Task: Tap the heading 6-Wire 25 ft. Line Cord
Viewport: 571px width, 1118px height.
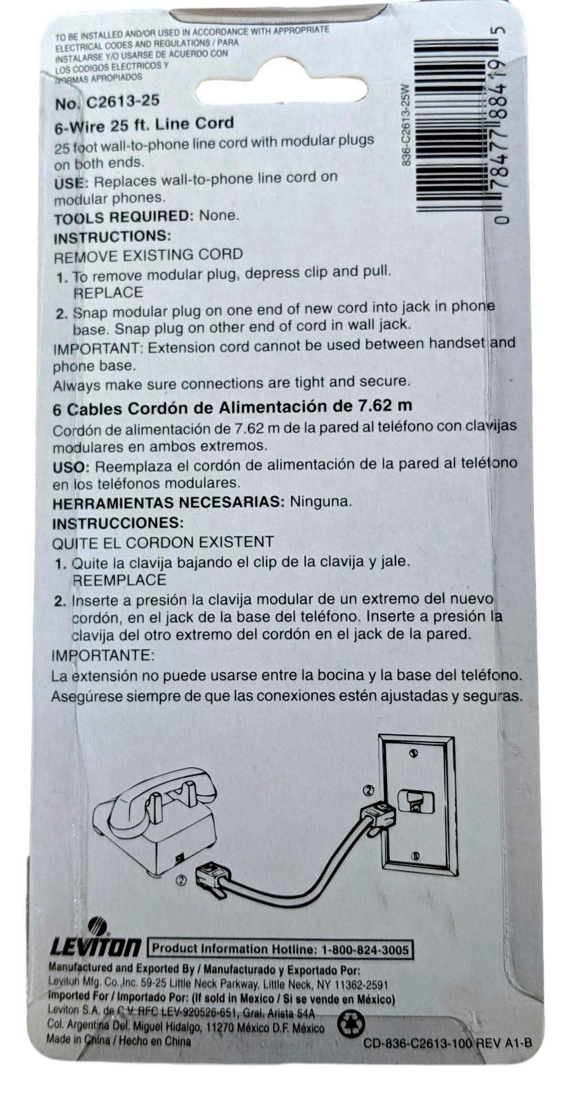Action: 144,125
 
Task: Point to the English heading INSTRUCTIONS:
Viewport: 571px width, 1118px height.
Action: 112,237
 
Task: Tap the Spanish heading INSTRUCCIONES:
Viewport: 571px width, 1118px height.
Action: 118,523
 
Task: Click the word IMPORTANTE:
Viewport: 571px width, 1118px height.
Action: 103,655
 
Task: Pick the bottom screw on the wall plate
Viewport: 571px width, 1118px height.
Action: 415,855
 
